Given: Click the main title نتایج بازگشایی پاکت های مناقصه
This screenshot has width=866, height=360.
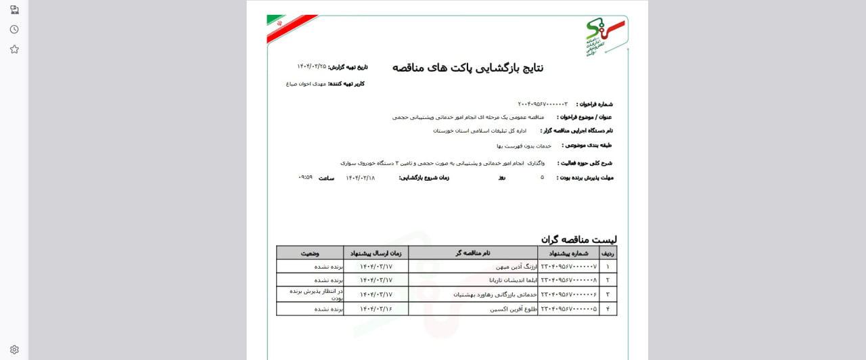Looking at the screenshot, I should [468, 68].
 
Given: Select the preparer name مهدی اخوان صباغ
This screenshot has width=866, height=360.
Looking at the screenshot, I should [306, 84].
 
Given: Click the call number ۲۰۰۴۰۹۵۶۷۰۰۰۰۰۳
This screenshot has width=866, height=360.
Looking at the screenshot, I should [543, 104].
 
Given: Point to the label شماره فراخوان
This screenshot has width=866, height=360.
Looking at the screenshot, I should [595, 104].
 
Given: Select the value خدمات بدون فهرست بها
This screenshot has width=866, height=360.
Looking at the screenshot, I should [524, 145].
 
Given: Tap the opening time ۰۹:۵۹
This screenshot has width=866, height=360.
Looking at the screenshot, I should [305, 177].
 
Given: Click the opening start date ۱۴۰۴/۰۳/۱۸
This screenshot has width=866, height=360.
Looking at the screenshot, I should [360, 178].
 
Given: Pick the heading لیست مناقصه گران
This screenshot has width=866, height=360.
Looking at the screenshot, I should [578, 240].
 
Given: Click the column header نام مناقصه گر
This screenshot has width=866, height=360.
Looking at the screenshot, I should [472, 253].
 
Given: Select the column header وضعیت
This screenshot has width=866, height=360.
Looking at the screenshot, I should [310, 253].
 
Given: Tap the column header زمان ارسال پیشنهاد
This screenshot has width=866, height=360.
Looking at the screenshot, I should [375, 253].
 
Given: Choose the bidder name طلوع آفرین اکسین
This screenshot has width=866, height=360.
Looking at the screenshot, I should [514, 309].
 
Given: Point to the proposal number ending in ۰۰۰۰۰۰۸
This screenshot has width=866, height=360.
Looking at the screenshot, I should [568, 280].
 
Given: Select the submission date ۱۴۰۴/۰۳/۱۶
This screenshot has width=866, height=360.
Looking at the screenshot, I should [375, 309].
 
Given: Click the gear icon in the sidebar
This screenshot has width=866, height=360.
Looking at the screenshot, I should [14, 350].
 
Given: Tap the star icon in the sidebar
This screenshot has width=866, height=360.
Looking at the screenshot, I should [14, 49].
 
